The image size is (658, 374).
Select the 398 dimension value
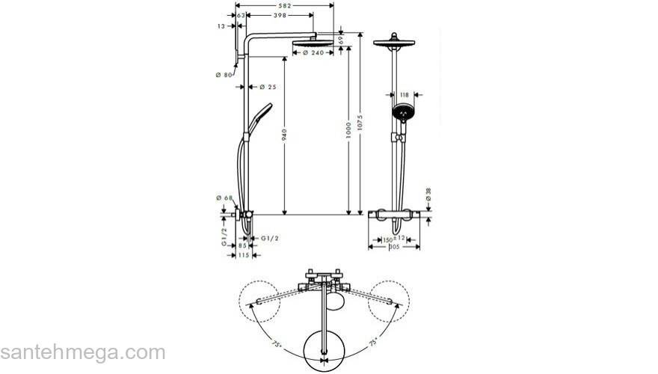click(280, 14)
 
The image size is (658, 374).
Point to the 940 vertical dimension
click(284, 134)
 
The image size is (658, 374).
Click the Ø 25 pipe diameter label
click(267, 88)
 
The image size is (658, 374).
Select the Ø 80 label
click(222, 74)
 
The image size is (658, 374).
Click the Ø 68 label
click(223, 197)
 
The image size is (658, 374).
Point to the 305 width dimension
click(394, 247)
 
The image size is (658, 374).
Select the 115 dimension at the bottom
click(243, 255)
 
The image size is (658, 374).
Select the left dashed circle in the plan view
click(258, 301)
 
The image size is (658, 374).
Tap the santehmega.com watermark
click(82, 352)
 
